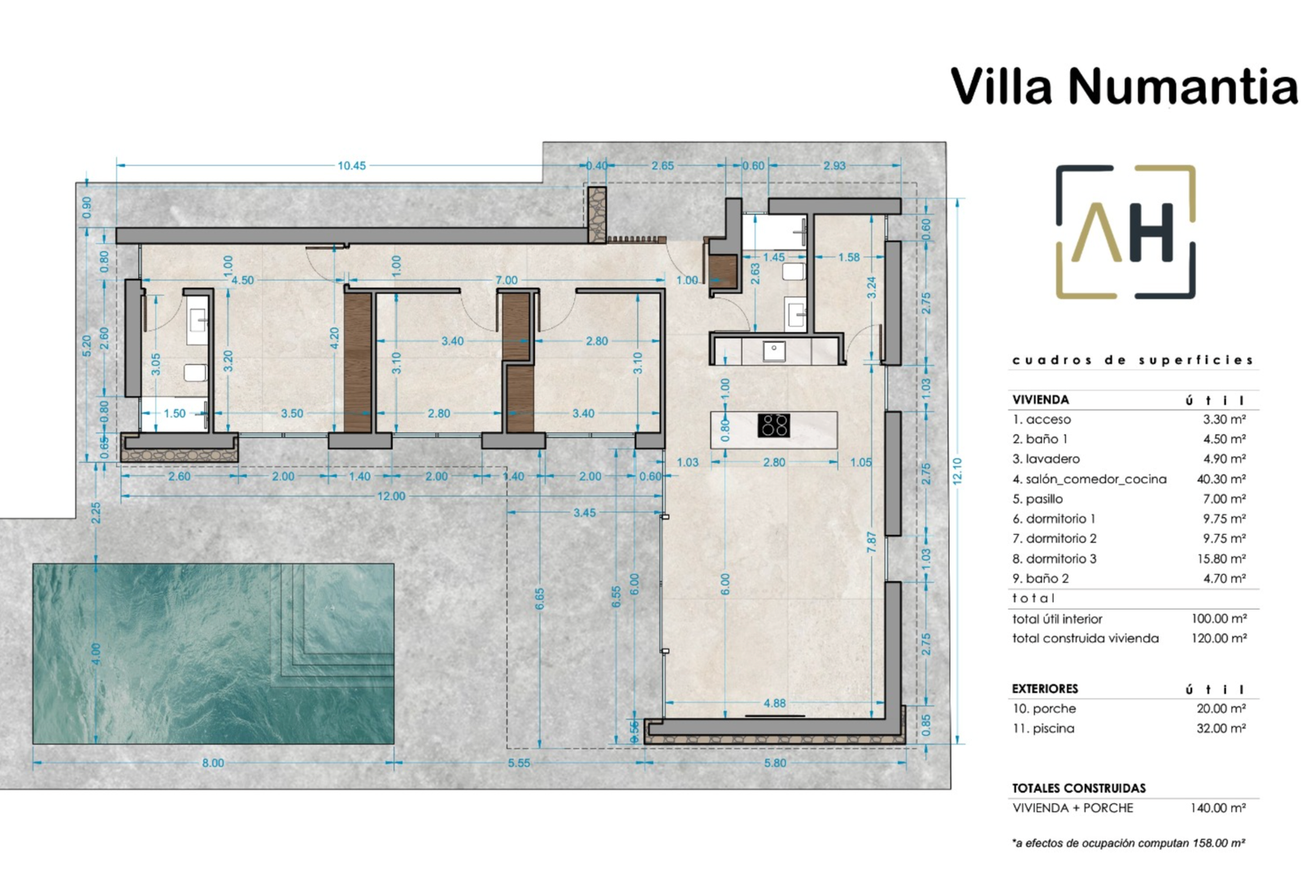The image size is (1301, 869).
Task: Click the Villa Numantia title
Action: point(1123,86)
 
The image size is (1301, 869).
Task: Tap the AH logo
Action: point(1125,232)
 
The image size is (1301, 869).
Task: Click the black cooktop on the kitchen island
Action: point(773,425)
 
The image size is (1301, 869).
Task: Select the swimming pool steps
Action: point(337,621)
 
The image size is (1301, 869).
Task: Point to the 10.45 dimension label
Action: point(352,166)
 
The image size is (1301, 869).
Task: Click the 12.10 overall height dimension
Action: point(958,471)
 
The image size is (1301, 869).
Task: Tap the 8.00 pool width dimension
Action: point(212,763)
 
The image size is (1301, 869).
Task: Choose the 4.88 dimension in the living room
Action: point(774,703)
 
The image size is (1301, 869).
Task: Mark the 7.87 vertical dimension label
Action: point(872,542)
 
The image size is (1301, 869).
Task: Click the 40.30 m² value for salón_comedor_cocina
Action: point(1221,479)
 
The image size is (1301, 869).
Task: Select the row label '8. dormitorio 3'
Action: point(1054,558)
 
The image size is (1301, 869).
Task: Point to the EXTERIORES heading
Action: point(1045,689)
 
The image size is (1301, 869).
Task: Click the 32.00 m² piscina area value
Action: point(1221,728)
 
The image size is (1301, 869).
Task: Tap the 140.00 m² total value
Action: point(1218,807)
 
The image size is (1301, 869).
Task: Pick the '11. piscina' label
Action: point(1043,728)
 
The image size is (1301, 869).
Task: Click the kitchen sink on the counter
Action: point(774,350)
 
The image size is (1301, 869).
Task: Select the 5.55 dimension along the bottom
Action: point(519,763)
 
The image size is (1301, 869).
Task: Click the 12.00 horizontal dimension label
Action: point(391,497)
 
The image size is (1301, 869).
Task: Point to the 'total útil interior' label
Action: point(1057,619)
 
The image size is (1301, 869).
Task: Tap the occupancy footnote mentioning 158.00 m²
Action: point(1129,843)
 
